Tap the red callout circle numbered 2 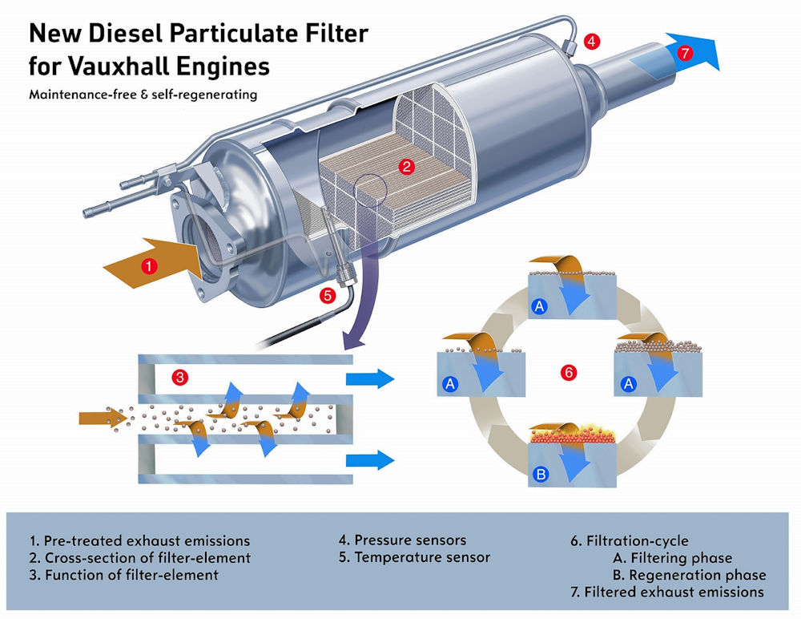pos(407,167)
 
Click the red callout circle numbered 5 pos(327,295)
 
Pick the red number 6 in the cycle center pos(568,373)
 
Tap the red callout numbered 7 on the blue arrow pos(683,54)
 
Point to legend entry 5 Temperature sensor pos(414,557)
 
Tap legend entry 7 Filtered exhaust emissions pos(666,593)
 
